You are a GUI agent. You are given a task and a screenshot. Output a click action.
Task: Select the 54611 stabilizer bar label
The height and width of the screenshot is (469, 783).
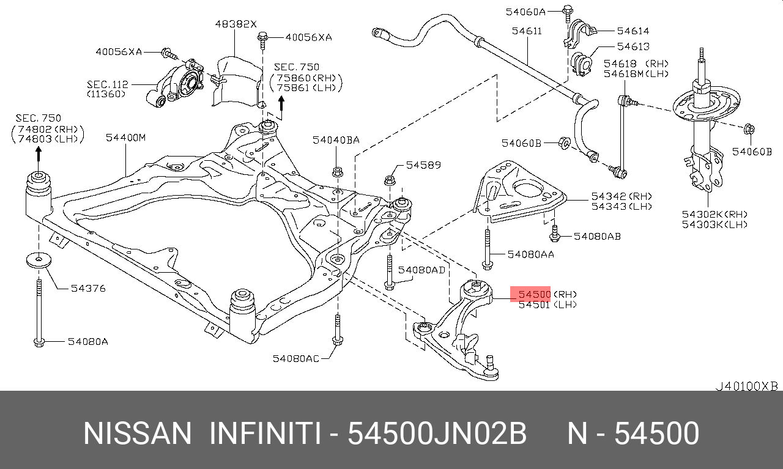527,30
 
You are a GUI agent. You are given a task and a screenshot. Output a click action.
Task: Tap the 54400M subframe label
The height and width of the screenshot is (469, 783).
125,138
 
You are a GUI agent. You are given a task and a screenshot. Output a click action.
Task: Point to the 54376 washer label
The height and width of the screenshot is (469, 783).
88,287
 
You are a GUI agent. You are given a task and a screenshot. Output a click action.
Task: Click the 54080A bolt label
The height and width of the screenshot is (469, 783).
87,341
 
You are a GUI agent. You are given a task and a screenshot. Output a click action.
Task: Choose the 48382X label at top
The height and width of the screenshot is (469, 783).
236,24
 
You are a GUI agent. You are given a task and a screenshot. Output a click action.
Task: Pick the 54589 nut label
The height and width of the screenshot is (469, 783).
423,165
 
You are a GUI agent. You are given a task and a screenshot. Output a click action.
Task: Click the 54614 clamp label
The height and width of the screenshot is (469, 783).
633,31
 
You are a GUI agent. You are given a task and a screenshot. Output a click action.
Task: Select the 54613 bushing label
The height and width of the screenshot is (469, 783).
633,46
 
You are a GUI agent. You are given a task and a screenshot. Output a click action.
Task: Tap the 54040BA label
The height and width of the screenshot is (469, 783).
336,140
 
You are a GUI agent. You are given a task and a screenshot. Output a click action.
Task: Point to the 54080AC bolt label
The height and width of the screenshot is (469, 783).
296,358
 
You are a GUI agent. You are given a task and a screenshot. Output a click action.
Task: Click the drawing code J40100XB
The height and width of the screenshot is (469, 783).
747,386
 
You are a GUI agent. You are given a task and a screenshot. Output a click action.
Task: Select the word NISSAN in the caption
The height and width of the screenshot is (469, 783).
138,434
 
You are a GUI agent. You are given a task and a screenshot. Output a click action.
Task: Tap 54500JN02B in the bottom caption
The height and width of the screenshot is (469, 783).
437,434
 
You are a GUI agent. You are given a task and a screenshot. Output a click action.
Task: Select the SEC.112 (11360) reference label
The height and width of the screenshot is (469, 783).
106,89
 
